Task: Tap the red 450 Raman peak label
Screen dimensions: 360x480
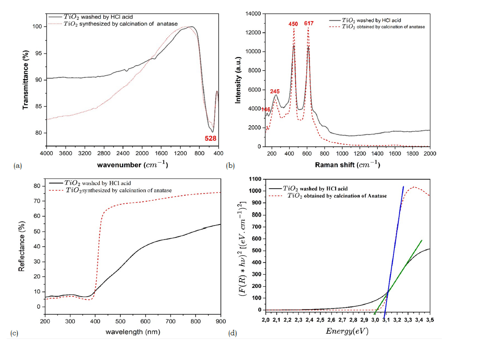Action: tap(293, 24)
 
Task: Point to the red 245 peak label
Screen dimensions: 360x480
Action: tap(275, 91)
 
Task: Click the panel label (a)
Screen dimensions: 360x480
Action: tap(18, 166)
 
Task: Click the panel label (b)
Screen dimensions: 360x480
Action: tap(230, 166)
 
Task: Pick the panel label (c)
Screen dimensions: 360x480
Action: tap(14, 333)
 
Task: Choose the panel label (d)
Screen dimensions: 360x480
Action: tap(233, 333)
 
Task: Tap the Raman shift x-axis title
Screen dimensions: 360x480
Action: tap(346, 165)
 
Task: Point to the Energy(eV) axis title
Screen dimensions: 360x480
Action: tap(346, 331)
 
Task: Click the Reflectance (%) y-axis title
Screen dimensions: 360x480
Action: tap(22, 245)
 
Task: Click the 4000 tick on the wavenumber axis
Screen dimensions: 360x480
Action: tap(46, 153)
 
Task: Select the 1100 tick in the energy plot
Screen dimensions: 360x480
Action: tap(254, 179)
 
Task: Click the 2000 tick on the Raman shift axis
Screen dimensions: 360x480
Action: tap(429, 153)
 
